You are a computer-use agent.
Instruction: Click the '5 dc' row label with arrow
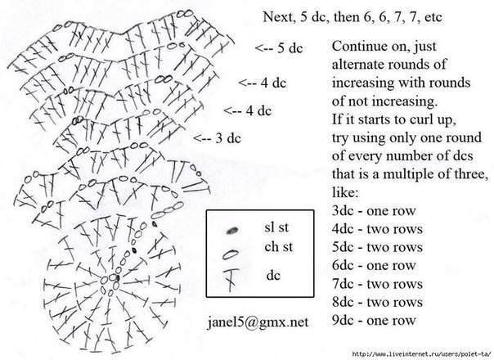[x=279, y=47]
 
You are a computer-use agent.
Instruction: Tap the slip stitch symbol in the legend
[x=231, y=230]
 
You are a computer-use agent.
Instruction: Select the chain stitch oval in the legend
[x=231, y=253]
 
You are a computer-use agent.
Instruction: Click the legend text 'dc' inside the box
[x=272, y=276]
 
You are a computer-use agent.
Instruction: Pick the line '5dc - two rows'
[x=377, y=246]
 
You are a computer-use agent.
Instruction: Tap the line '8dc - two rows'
[x=377, y=302]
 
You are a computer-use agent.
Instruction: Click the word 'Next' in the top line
[x=278, y=16]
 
